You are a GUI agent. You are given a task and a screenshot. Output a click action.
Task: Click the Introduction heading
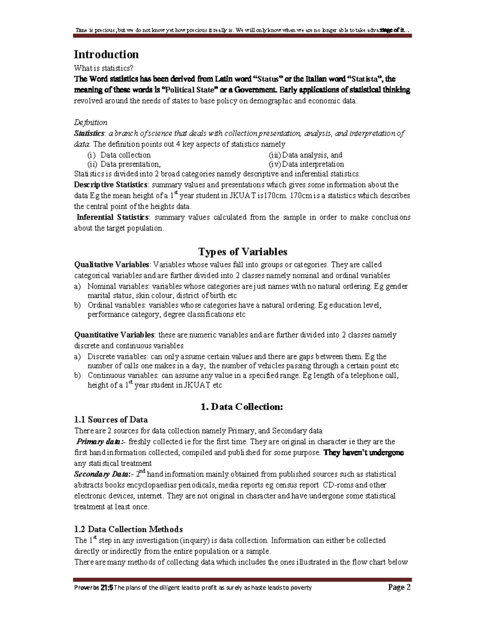106,55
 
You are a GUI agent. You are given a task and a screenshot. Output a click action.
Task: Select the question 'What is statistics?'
103,68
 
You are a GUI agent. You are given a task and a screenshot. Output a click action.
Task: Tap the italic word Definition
91,123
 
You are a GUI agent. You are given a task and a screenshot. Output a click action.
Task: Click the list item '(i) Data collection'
119,155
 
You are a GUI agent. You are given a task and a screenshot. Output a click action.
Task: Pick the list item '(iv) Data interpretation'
306,164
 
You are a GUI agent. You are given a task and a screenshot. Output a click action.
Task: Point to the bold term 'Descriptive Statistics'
110,185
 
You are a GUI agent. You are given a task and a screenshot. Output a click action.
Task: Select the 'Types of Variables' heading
242,252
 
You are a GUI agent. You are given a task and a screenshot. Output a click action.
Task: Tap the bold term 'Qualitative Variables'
112,265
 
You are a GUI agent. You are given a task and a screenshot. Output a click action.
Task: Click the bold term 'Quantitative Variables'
114,335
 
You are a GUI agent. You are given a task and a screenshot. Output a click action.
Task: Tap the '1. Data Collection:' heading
242,407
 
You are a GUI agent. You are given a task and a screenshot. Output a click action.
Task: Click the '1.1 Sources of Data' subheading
111,420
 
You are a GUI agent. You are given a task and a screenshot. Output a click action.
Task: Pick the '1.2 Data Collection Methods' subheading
128,529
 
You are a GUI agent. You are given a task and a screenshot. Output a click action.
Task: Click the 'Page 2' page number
399,588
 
